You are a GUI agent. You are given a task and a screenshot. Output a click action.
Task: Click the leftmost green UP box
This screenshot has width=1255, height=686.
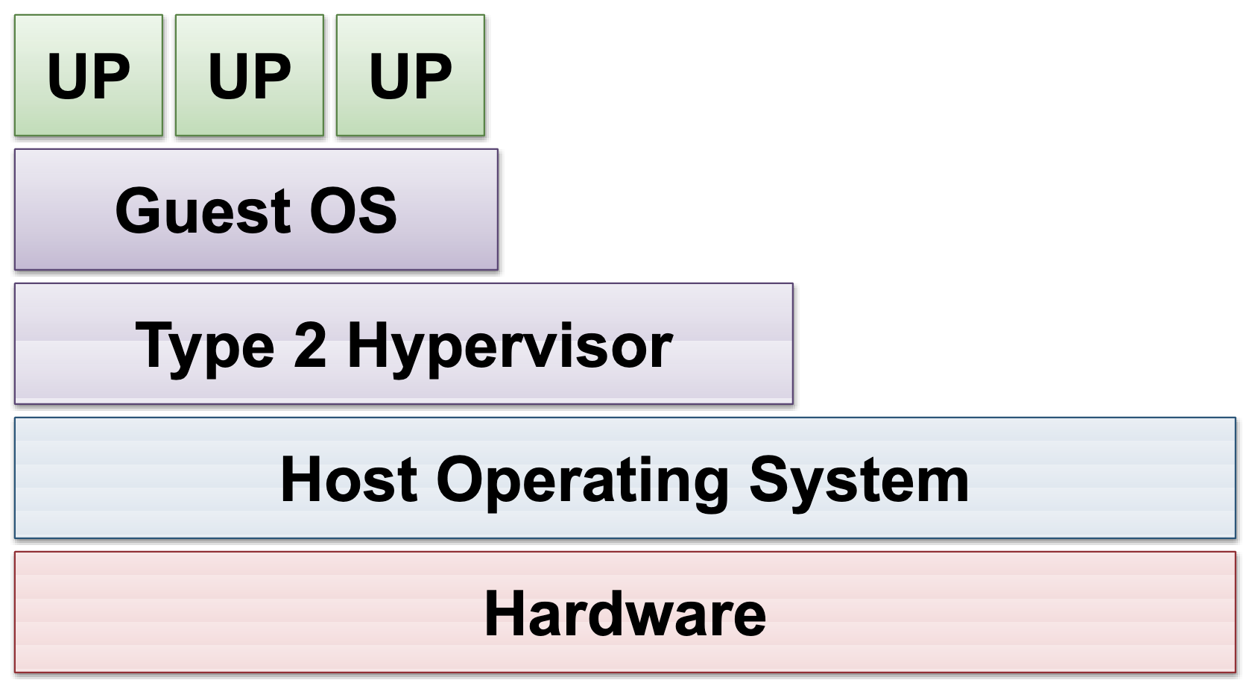click(89, 75)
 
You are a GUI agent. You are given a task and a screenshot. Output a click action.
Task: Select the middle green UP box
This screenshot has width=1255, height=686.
click(250, 75)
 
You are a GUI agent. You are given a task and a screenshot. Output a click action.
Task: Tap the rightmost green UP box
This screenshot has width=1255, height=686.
click(411, 75)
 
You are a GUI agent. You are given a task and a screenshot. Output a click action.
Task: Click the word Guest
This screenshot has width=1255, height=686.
click(203, 211)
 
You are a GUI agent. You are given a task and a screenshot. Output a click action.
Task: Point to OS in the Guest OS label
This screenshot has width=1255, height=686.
click(353, 211)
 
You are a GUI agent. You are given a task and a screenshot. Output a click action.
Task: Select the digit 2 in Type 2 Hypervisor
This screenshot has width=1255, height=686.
click(310, 344)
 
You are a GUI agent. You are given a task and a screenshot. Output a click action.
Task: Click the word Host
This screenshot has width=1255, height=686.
click(349, 479)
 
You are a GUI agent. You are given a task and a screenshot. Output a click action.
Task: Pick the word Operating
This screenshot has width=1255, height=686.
click(583, 482)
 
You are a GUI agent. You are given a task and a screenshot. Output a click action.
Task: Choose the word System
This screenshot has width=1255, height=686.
click(859, 482)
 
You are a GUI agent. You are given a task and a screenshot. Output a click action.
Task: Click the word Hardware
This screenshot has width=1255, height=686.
click(625, 614)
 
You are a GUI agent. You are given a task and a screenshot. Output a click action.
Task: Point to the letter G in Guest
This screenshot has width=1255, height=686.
click(136, 211)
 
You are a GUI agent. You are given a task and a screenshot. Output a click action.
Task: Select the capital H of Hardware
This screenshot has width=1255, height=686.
click(505, 614)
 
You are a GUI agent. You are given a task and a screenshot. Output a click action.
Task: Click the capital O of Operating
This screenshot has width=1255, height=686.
click(460, 479)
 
